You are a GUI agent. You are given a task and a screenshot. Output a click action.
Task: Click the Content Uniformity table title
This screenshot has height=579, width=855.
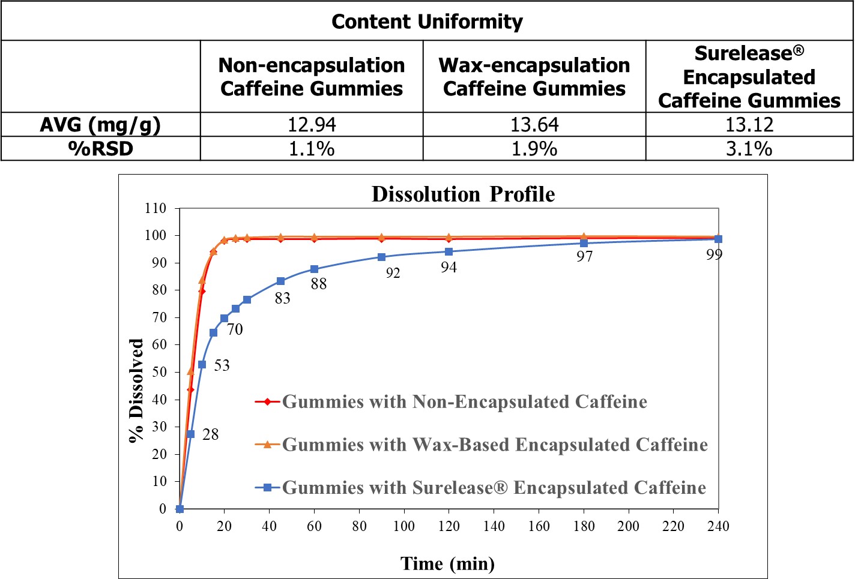click(x=427, y=22)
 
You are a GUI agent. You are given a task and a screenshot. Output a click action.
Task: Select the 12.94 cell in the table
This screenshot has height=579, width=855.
click(x=312, y=125)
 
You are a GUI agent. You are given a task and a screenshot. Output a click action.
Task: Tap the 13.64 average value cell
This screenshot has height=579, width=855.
click(x=534, y=125)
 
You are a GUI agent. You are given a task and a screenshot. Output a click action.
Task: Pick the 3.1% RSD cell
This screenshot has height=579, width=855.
click(x=749, y=149)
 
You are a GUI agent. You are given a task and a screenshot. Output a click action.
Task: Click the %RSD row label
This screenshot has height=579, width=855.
click(x=101, y=149)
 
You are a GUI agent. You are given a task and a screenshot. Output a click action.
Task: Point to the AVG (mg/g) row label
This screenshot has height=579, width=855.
click(x=101, y=125)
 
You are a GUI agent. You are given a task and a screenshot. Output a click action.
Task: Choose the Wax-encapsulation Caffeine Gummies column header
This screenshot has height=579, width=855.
click(x=534, y=77)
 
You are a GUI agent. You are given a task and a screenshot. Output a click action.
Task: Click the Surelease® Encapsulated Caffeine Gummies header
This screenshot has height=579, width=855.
click(x=749, y=77)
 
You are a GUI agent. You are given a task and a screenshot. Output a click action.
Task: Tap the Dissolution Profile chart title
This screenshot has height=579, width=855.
click(x=463, y=194)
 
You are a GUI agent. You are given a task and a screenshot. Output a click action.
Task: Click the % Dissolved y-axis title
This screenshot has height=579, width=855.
click(x=137, y=391)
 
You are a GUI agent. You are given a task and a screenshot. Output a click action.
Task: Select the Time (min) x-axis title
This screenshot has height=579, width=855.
click(x=447, y=563)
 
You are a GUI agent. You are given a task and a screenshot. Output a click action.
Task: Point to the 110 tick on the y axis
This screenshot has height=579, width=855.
click(x=156, y=208)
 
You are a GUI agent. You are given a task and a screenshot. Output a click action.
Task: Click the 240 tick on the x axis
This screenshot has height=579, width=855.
click(x=718, y=526)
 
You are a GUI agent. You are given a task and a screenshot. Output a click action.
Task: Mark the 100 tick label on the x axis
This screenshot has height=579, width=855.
click(x=404, y=526)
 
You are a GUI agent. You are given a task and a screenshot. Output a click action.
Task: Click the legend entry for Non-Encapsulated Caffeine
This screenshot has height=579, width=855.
click(x=464, y=401)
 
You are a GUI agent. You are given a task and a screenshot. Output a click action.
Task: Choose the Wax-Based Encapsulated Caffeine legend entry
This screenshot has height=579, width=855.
click(x=495, y=445)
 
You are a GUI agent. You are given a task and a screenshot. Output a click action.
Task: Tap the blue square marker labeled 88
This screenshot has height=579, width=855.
click(x=314, y=269)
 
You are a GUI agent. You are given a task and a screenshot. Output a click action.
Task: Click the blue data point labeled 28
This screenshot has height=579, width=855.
click(x=190, y=434)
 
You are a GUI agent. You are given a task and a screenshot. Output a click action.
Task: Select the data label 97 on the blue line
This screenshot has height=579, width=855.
click(x=584, y=257)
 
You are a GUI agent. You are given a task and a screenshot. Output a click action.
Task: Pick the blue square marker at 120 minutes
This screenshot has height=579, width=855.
click(x=449, y=252)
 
